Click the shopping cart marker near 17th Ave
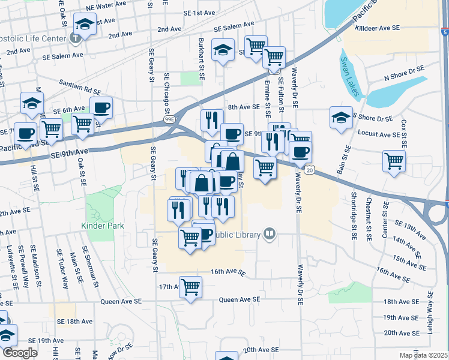[190, 287]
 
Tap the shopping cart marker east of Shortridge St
[394, 161]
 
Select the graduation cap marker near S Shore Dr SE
[341, 117]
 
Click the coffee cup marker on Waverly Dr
[300, 152]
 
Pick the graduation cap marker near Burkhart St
[223, 50]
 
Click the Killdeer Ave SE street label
[378, 28]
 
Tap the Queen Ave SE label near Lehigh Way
[240, 299]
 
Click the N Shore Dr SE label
[405, 77]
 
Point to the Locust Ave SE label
[378, 133]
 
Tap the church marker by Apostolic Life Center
[76, 38]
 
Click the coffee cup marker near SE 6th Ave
[101, 107]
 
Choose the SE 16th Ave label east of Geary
[228, 272]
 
